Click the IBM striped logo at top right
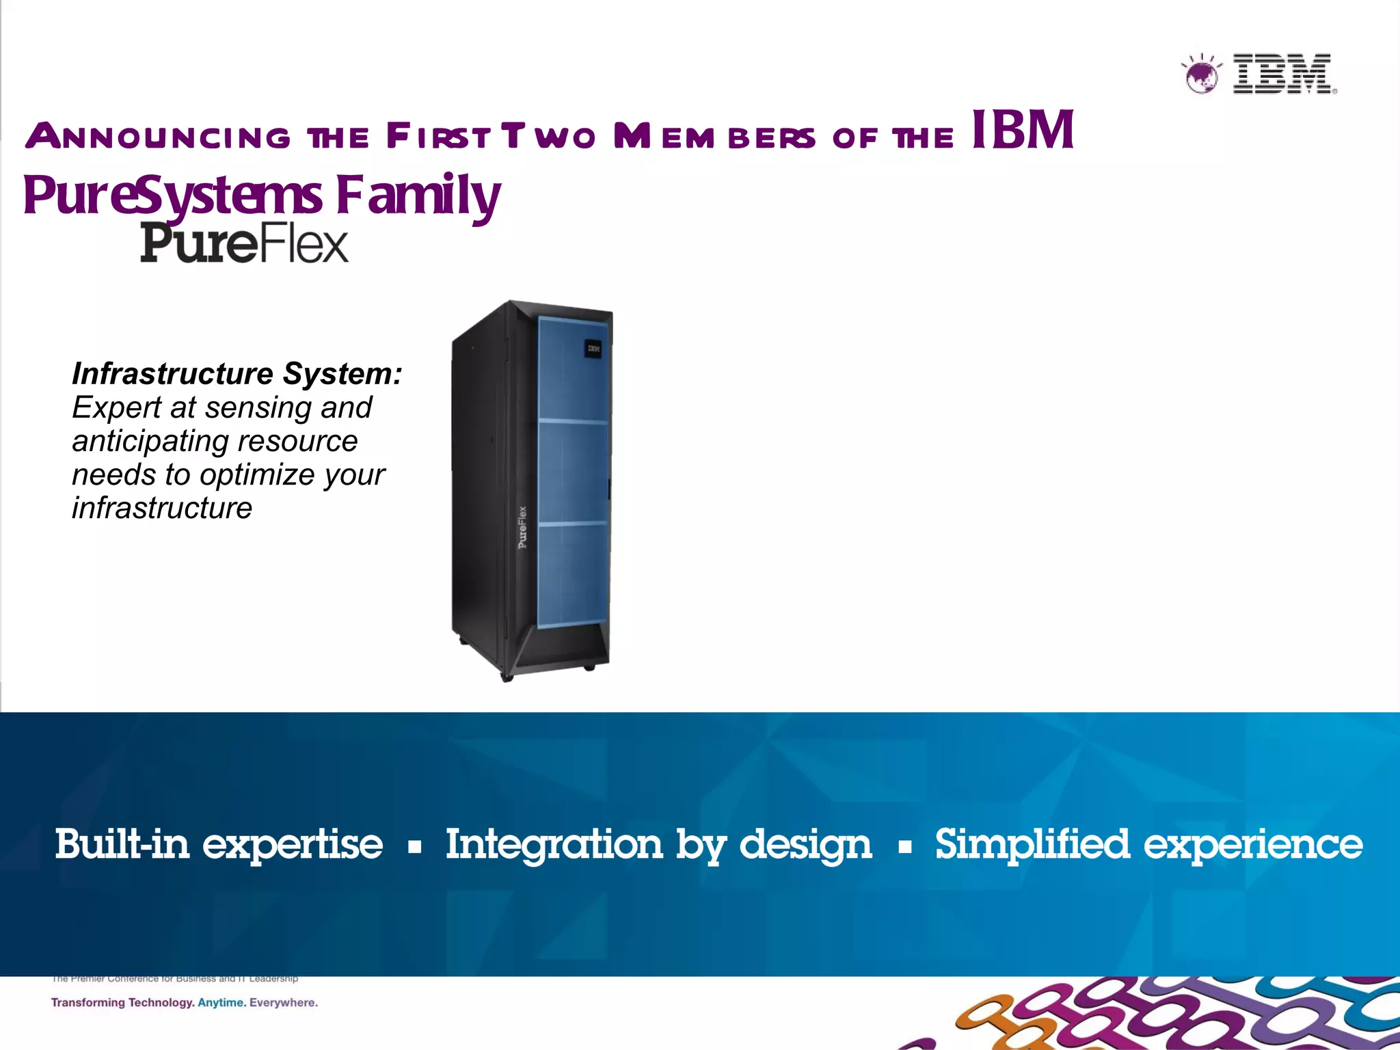click(1282, 73)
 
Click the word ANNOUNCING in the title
click(159, 137)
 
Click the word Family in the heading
click(418, 196)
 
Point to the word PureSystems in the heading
click(172, 196)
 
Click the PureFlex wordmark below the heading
click(244, 243)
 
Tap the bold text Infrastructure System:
click(237, 374)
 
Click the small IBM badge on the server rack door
click(593, 349)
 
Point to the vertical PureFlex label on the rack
click(522, 527)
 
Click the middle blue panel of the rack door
click(573, 472)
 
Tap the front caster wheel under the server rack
click(507, 677)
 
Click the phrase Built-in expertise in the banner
click(219, 845)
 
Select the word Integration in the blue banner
click(554, 845)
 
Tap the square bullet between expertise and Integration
click(414, 848)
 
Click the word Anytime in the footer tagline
click(220, 1003)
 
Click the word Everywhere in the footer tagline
click(283, 1003)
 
